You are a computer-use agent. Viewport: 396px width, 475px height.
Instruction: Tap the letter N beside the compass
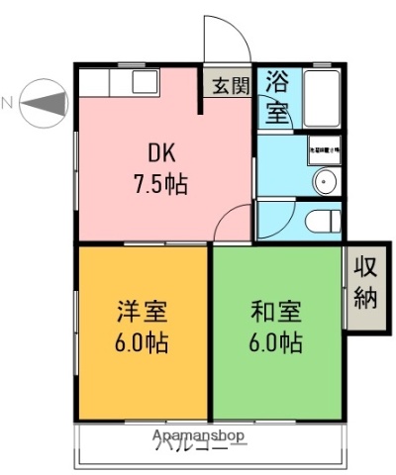pyautogui.click(x=8, y=102)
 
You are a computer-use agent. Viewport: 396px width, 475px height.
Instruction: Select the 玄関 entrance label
pyautogui.click(x=228, y=85)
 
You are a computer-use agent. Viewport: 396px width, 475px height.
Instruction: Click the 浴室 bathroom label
pyautogui.click(x=277, y=97)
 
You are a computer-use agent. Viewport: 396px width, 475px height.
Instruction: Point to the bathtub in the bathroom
pyautogui.click(x=321, y=97)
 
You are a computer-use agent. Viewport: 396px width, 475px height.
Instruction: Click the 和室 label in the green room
pyautogui.click(x=273, y=312)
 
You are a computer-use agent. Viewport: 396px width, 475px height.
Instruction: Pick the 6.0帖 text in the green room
pyautogui.click(x=274, y=343)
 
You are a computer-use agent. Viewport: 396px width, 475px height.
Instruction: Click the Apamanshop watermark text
pyautogui.click(x=198, y=435)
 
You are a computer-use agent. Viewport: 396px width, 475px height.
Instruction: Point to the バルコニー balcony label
pyautogui.click(x=198, y=446)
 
